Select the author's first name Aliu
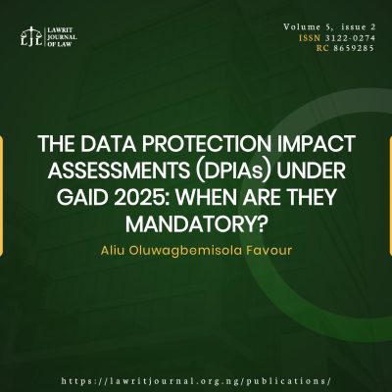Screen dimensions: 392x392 pyautogui.click(x=117, y=240)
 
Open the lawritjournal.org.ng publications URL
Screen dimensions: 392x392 pyautogui.click(x=196, y=379)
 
